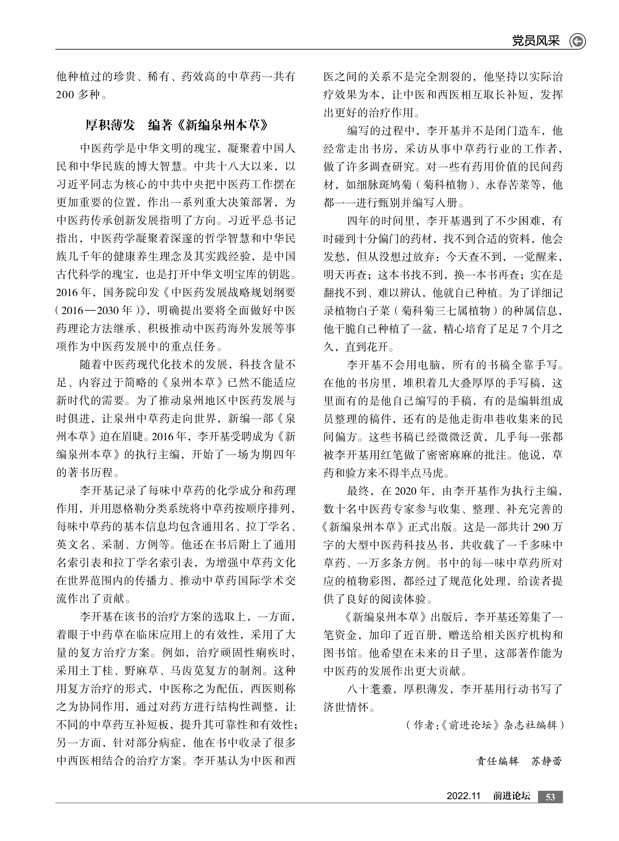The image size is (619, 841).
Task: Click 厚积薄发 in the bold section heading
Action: (x=110, y=125)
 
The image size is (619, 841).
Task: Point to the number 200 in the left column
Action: (x=65, y=95)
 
